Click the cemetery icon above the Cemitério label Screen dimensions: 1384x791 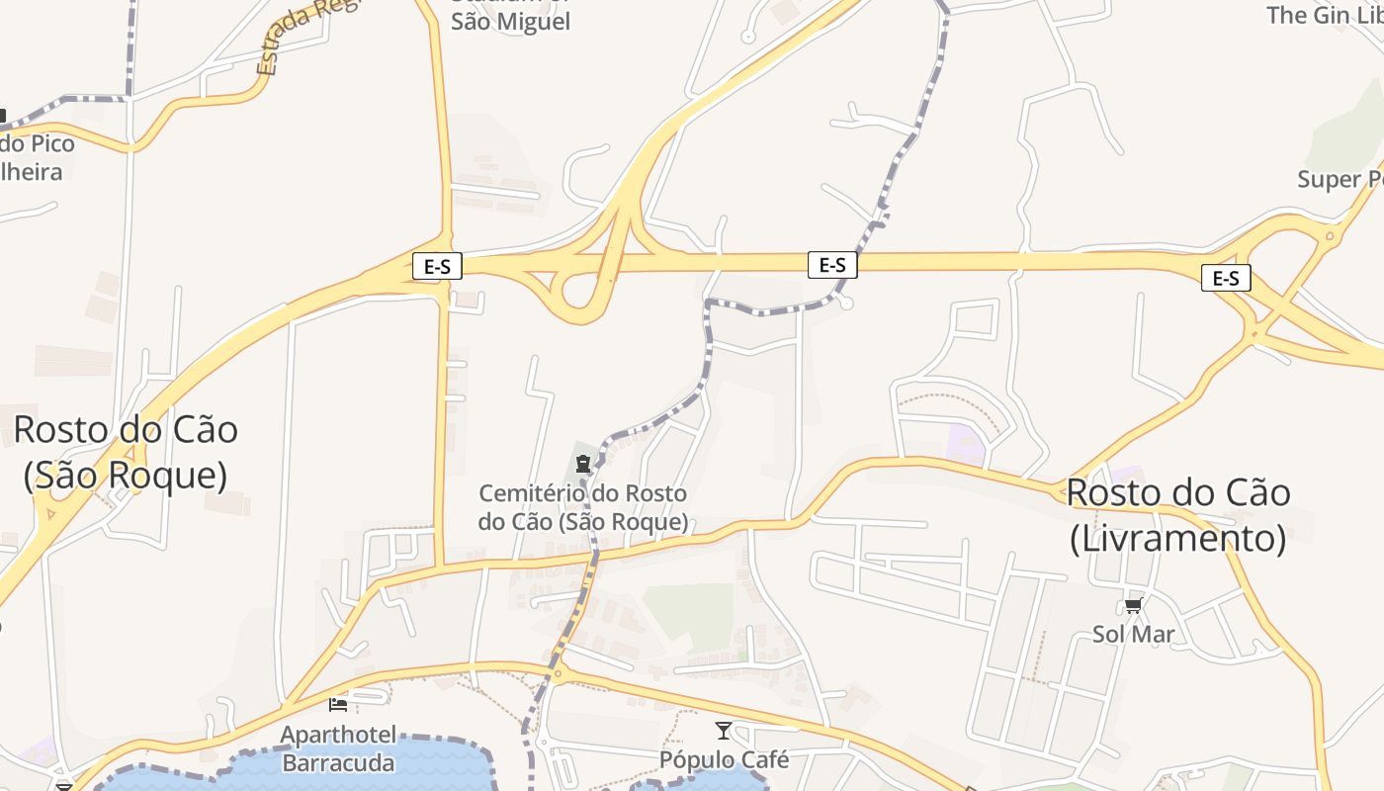(x=583, y=463)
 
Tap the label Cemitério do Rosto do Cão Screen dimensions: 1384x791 (x=583, y=507)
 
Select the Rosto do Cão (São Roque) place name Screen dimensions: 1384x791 (x=126, y=452)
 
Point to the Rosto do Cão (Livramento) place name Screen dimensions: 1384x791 (x=1178, y=515)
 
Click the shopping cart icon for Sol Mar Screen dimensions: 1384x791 (x=1133, y=605)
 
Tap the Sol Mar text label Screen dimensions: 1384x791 (x=1133, y=634)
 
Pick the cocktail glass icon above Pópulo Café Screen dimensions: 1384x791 (x=724, y=731)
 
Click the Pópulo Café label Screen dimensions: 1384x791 (x=725, y=759)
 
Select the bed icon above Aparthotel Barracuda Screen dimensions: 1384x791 (x=338, y=704)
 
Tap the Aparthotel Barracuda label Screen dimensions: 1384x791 (x=338, y=748)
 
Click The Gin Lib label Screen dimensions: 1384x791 (x=1325, y=15)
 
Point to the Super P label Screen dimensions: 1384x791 (x=1341, y=179)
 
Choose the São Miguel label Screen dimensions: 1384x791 (x=510, y=21)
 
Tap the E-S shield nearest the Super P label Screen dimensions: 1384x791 (x=1226, y=279)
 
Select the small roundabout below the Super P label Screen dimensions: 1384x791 (x=1330, y=235)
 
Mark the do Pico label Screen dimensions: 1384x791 (x=38, y=143)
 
